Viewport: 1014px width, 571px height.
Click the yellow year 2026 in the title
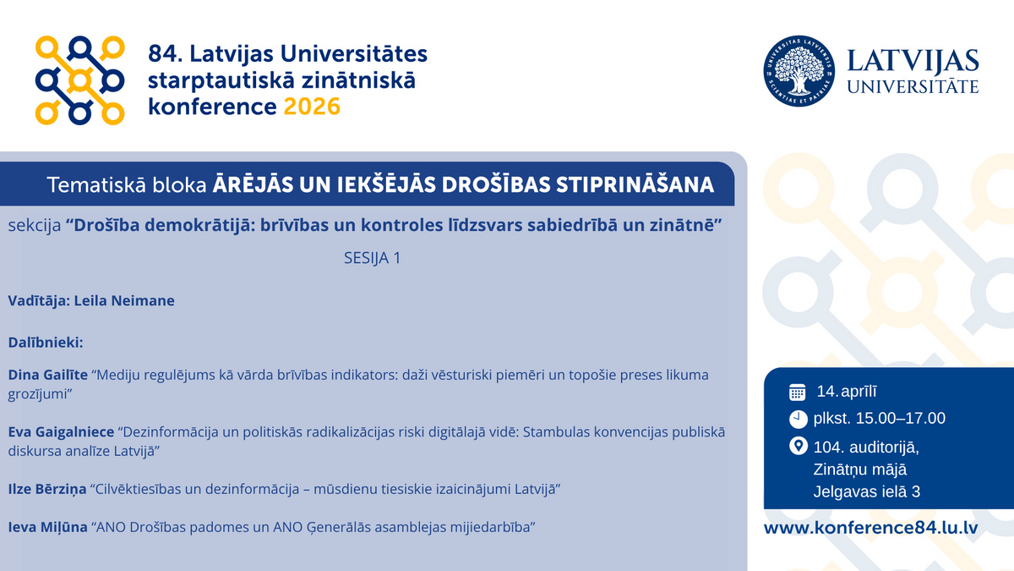tap(312, 107)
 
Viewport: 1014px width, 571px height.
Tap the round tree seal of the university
tap(799, 71)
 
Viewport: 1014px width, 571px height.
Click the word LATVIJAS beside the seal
tap(913, 62)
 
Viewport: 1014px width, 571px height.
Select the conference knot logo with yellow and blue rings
tap(79, 80)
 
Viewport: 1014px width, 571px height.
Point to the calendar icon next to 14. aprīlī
tap(797, 392)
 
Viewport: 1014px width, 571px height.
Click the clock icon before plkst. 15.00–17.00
tap(798, 420)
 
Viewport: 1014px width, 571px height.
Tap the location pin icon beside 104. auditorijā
tap(798, 446)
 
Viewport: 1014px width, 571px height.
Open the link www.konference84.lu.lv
tap(871, 528)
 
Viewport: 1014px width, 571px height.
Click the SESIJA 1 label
tap(373, 258)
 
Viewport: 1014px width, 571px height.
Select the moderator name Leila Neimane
tap(124, 300)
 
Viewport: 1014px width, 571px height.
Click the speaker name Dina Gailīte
tap(48, 375)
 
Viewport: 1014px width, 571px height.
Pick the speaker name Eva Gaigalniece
tap(61, 432)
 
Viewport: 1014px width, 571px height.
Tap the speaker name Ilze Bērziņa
tap(47, 489)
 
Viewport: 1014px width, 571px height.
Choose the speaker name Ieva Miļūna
tap(47, 527)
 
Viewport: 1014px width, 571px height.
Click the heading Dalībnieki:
tap(46, 342)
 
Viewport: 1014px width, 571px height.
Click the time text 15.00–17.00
tap(901, 418)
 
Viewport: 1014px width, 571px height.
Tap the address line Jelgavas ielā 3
tap(867, 491)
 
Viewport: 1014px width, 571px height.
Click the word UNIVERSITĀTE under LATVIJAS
tap(913, 86)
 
